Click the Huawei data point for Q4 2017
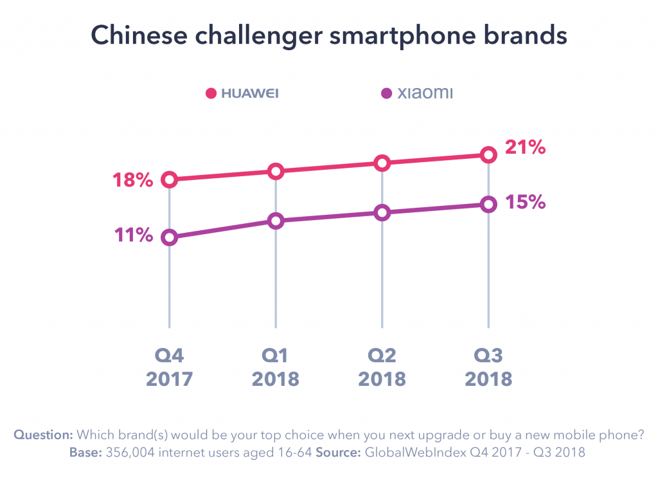coord(169,179)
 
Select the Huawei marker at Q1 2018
coord(276,171)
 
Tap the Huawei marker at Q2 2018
coord(382,163)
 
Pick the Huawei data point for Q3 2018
coord(488,155)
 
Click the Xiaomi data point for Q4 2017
coord(169,237)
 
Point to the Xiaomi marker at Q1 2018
coord(276,221)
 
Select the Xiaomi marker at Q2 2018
coord(382,213)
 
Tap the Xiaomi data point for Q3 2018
coord(488,205)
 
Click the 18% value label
coord(133,180)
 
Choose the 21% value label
coord(525,147)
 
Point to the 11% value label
coord(133,235)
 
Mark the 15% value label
coord(525,202)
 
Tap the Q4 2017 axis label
coord(169,367)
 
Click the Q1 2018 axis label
coord(276,367)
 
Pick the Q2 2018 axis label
coord(382,367)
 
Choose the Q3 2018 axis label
coord(488,367)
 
